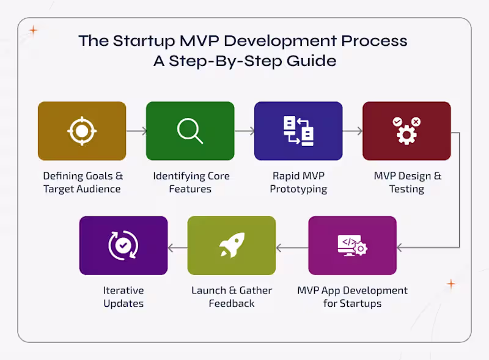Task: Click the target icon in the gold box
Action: [82, 131]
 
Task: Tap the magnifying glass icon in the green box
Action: [190, 131]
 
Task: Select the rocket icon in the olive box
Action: [232, 245]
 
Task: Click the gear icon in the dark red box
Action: [406, 131]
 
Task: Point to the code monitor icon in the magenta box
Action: [353, 246]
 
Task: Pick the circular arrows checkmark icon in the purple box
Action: [123, 246]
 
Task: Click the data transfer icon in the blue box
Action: [298, 131]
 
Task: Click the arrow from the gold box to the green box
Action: [136, 131]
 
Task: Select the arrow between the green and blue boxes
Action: [244, 131]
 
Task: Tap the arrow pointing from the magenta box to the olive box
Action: [292, 248]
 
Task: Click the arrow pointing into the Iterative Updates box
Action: [178, 248]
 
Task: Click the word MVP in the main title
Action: [199, 41]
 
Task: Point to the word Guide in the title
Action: [311, 61]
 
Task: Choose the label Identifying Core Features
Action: [191, 183]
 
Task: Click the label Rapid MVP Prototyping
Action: [298, 183]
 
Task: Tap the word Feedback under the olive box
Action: [232, 303]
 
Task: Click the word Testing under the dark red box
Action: [406, 189]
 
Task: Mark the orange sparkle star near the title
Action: [34, 31]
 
